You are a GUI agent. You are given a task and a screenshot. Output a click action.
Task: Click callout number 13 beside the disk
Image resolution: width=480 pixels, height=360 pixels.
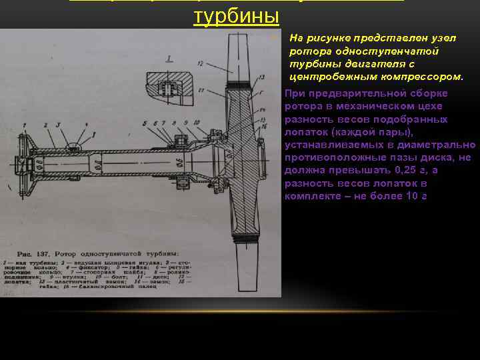click(x=257, y=77)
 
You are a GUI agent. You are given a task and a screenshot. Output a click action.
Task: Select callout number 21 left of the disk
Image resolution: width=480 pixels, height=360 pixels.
click(x=201, y=88)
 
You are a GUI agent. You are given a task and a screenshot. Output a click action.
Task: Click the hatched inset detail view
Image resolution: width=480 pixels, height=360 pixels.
click(x=169, y=87)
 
